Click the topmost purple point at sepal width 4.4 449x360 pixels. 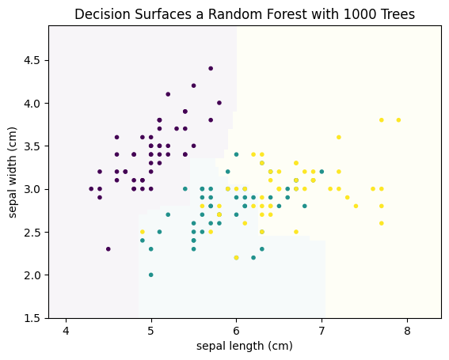tap(211, 68)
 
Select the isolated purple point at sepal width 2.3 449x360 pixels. tap(108, 249)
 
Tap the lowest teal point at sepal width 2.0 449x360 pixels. tap(151, 275)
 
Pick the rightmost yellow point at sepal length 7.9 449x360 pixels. tap(398, 120)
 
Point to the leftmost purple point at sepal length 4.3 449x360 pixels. tap(91, 189)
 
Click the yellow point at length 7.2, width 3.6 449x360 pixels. tap(339, 137)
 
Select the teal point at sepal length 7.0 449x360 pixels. tap(322, 172)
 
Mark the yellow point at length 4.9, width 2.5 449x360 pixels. tap(143, 232)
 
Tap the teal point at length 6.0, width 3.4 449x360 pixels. tap(236, 154)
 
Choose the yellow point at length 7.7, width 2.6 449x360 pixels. tap(382, 223)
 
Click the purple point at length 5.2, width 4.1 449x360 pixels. tap(168, 94)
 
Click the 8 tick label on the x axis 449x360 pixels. tap(407, 331)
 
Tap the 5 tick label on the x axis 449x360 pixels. tap(151, 331)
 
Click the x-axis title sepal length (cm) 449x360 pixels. tap(245, 346)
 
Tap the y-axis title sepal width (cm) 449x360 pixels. tap(13, 172)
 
